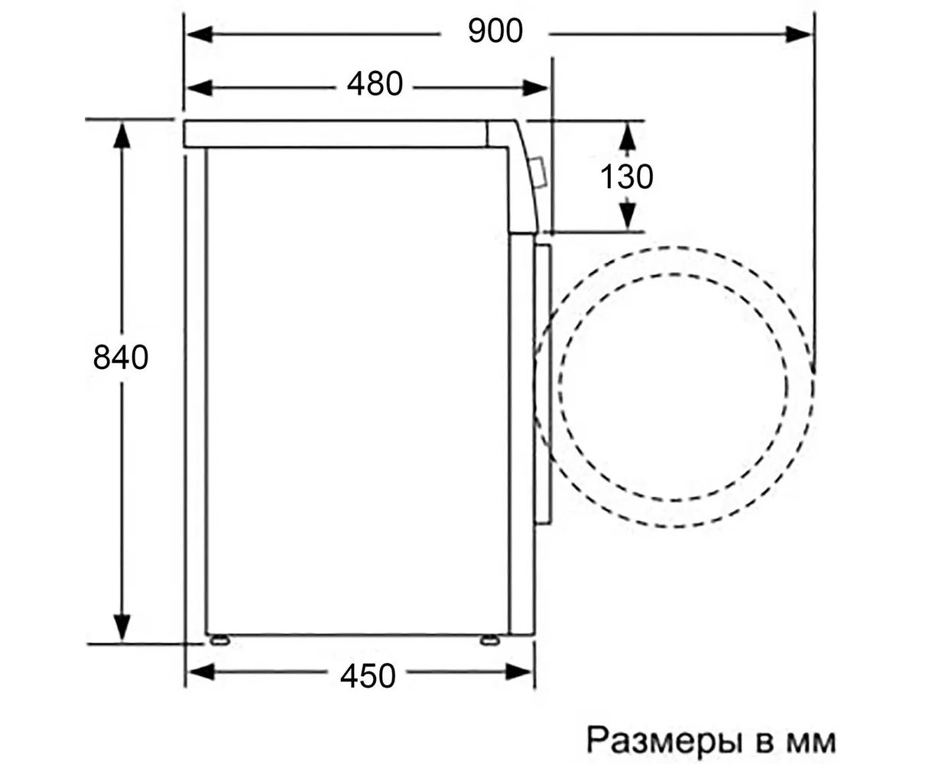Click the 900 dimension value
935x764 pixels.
click(495, 31)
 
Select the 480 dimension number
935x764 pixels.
click(375, 84)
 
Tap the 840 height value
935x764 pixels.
click(121, 358)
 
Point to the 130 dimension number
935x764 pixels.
click(626, 176)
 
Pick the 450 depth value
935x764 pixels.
click(368, 676)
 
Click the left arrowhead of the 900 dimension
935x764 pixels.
click(200, 34)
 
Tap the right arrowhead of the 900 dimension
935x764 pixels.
click(798, 34)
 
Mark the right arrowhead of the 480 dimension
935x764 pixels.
click(536, 88)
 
